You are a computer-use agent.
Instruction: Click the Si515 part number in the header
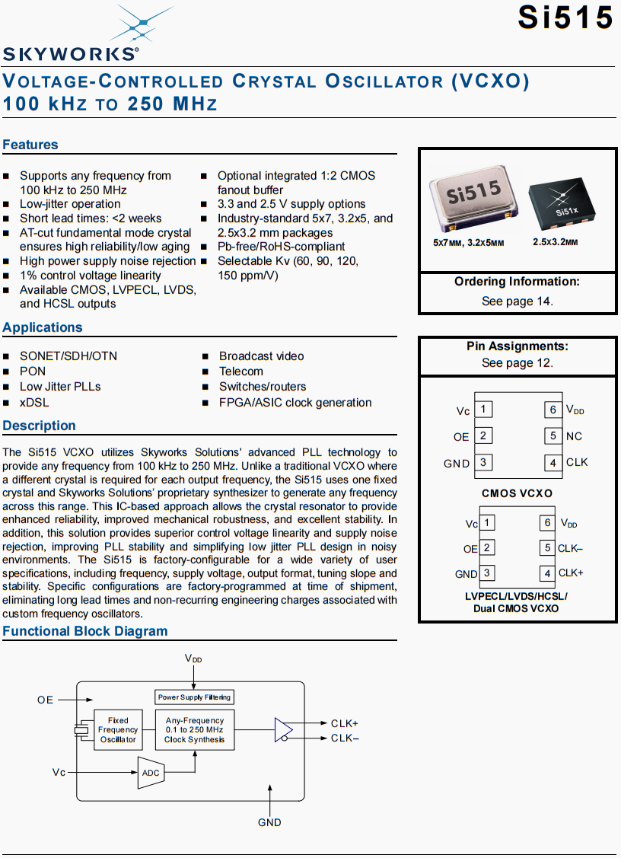point(565,17)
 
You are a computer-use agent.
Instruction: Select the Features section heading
point(30,145)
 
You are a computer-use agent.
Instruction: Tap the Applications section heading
point(43,327)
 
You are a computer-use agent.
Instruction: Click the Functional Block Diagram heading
point(85,631)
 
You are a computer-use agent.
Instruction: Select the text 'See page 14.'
point(517,301)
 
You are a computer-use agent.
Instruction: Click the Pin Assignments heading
point(517,346)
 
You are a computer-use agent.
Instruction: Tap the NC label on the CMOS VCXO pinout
point(575,436)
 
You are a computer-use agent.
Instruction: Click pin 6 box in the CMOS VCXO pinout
point(553,410)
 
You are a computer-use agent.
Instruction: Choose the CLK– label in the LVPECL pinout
point(571,548)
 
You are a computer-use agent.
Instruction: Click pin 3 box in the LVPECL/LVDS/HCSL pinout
point(486,573)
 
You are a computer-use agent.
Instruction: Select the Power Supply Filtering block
point(194,697)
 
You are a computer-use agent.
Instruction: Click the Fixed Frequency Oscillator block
point(118,730)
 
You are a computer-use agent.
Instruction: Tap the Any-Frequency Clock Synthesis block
point(195,730)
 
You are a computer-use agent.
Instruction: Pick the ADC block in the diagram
point(151,773)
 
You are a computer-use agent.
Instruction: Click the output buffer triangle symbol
point(284,729)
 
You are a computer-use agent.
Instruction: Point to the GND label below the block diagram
point(269,822)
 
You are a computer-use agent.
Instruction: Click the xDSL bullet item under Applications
point(33,403)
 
